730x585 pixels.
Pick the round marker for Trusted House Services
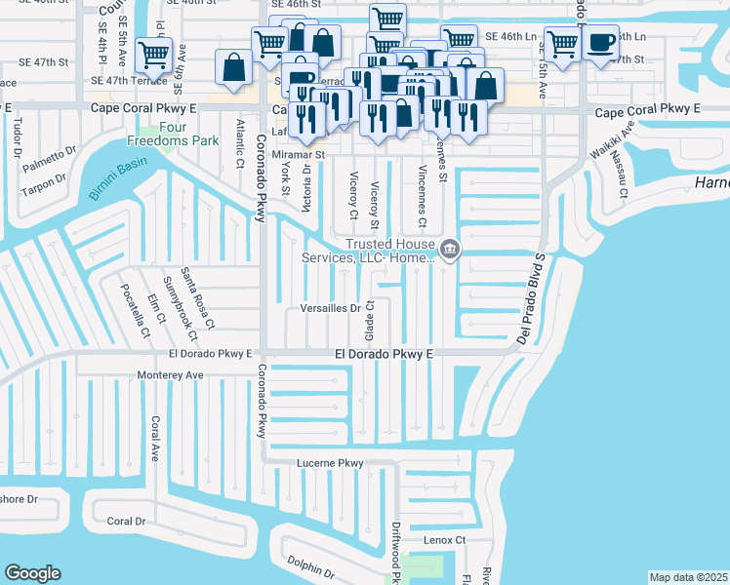[x=449, y=251]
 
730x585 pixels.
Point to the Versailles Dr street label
[x=329, y=309]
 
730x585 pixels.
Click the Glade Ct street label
[x=371, y=317]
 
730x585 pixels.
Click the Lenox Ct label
[x=445, y=539]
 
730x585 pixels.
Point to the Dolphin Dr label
[x=310, y=566]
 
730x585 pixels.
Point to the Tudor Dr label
[x=18, y=137]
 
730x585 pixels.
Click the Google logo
[x=32, y=573]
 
